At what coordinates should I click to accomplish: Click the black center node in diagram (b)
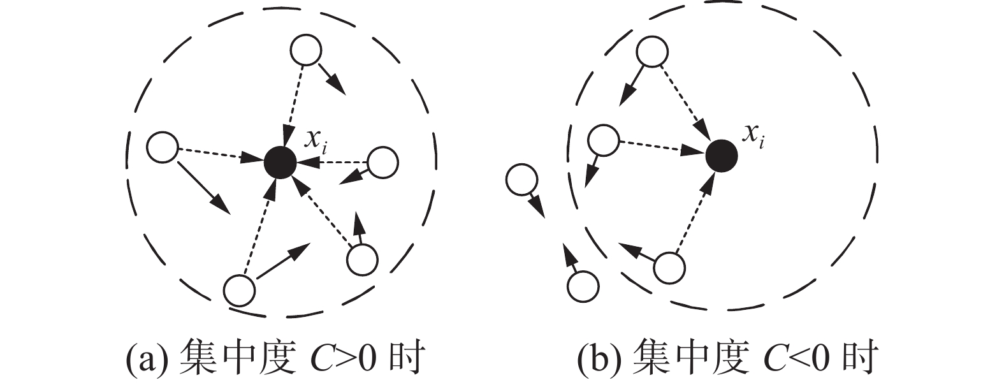point(722,155)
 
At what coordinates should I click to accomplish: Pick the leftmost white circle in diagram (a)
point(162,147)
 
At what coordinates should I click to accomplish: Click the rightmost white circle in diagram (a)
point(382,163)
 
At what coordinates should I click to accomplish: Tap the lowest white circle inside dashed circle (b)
point(669,268)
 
